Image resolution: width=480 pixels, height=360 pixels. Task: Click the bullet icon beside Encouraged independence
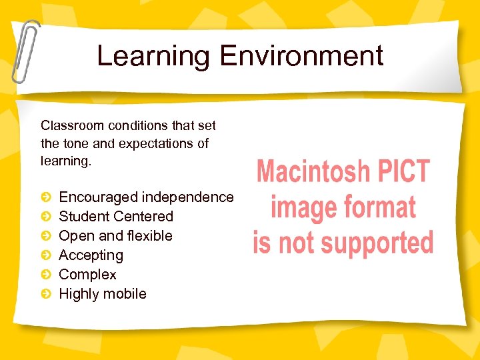pyautogui.click(x=45, y=197)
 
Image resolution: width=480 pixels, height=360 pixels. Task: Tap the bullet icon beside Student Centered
pyautogui.click(x=45, y=217)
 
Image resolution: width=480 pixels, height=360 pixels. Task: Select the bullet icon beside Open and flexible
pyautogui.click(x=45, y=236)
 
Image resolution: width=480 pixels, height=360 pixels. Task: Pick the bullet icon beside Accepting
pyautogui.click(x=45, y=255)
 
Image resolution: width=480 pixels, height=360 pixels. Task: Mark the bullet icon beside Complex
pyautogui.click(x=45, y=275)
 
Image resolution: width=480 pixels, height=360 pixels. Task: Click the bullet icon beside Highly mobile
pyautogui.click(x=45, y=294)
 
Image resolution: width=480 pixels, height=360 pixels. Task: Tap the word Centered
pyautogui.click(x=143, y=217)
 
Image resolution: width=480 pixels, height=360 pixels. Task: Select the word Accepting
pyautogui.click(x=91, y=255)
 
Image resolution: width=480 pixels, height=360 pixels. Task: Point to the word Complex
pyautogui.click(x=87, y=275)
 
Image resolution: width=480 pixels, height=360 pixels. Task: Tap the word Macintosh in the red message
pyautogui.click(x=311, y=172)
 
